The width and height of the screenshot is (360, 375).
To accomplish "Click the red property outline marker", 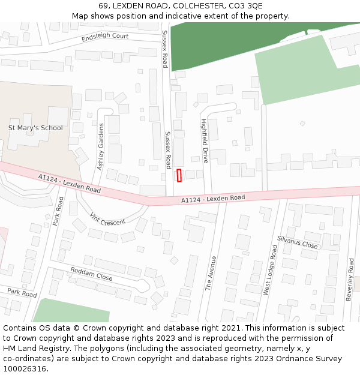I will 179,175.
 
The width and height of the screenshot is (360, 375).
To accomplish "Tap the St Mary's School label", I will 35,128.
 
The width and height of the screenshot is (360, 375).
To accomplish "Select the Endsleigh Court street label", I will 105,37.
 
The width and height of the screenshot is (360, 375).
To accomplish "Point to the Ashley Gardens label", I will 101,146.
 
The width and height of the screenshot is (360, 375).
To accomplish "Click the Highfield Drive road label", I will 205,141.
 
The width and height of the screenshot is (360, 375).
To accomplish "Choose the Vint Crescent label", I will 107,218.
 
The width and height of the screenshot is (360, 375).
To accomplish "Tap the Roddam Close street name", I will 91,274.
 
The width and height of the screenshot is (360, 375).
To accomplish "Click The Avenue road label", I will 211,273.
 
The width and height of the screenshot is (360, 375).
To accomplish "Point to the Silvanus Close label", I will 297,242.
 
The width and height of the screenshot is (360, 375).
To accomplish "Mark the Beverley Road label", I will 350,280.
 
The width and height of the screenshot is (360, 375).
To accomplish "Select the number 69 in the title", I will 103,6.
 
